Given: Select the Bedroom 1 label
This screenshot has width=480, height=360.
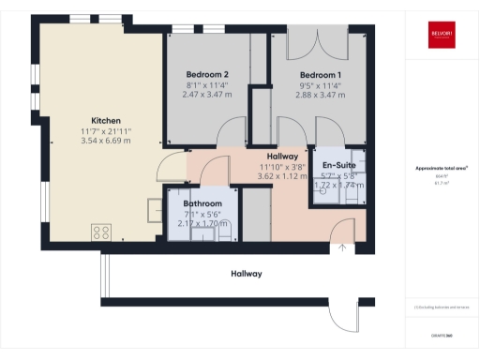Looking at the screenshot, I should point(320,74).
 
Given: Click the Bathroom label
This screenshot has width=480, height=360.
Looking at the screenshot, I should point(202,203).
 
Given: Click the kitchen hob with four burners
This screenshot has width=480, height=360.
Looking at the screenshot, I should point(101,231).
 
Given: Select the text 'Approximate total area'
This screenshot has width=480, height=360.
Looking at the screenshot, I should point(442,169).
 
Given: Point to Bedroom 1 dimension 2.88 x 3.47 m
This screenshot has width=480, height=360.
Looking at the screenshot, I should point(320,95).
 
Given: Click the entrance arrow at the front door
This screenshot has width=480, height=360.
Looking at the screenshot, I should point(343,247).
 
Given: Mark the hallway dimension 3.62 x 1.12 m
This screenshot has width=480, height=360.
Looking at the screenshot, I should point(283,176).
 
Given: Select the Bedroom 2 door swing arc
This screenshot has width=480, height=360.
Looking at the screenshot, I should point(230,135).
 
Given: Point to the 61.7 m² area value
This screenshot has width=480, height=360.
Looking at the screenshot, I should point(442,184).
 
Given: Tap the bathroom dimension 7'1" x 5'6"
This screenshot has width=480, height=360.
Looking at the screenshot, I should point(202,214).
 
